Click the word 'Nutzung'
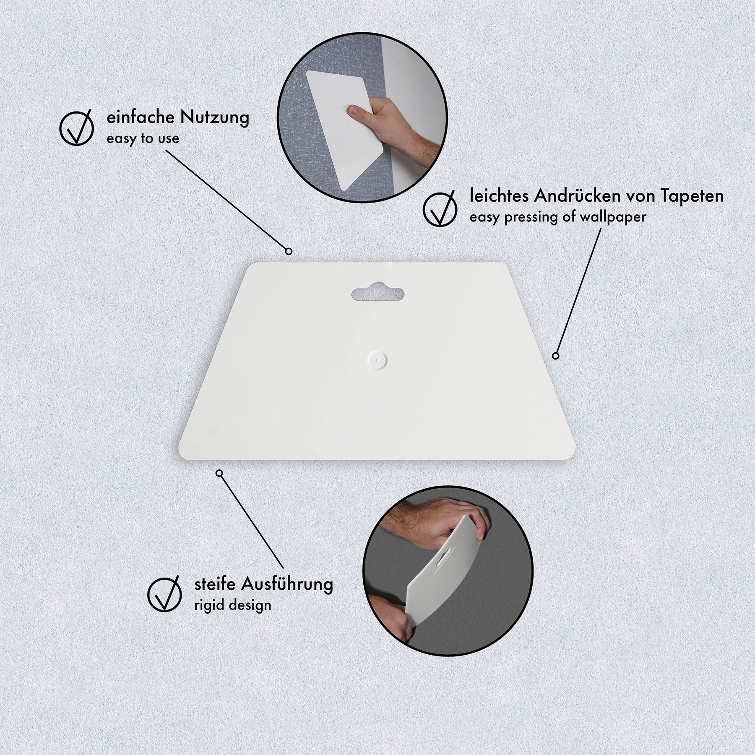click(x=215, y=118)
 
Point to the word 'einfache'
click(x=141, y=117)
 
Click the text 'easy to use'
click(x=143, y=138)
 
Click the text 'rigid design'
click(x=233, y=605)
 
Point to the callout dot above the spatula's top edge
click(x=289, y=251)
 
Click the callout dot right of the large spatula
click(x=556, y=356)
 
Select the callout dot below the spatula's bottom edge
click(x=219, y=473)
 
